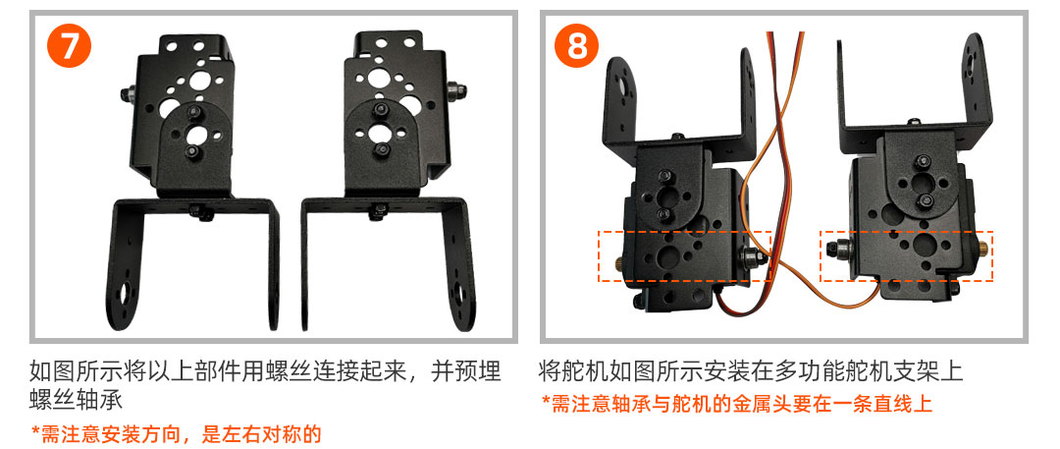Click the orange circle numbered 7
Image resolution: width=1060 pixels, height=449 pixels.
coord(69,45)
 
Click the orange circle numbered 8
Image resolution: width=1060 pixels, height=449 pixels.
coord(577,45)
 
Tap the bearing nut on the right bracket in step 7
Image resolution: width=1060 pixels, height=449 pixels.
coord(457,89)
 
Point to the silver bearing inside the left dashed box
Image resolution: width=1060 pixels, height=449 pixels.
coord(753,257)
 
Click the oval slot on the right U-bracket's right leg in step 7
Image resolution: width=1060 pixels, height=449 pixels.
coord(460,294)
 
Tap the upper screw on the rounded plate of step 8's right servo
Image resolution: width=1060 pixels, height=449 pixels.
coord(922,162)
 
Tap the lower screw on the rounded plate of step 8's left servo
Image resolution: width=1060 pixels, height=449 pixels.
coord(663,215)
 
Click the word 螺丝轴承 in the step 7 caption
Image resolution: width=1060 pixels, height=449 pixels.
coord(76,400)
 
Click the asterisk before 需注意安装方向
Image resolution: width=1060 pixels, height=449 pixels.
coord(35,430)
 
